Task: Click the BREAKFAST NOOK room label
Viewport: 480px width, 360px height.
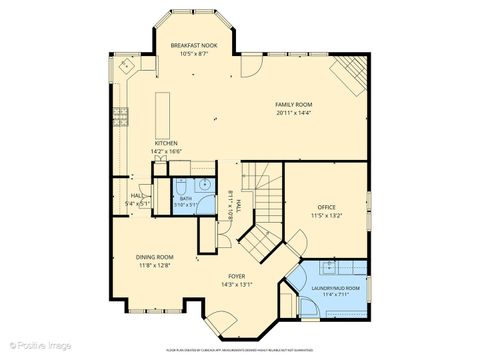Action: pos(194,46)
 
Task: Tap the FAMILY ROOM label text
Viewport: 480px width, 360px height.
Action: pos(295,104)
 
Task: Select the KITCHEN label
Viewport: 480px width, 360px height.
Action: pos(166,143)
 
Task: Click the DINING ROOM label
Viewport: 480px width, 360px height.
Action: pos(154,257)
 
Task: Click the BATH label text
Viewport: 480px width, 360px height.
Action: pos(186,198)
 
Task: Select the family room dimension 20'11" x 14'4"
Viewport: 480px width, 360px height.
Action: pos(295,113)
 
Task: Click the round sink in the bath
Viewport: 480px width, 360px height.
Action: pos(203,185)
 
